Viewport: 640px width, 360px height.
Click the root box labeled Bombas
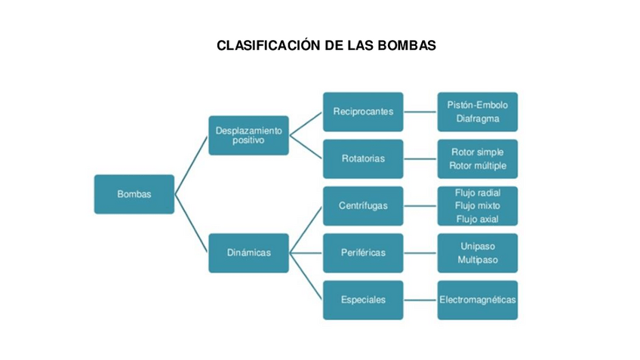(x=134, y=194)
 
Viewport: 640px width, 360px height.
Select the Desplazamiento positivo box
(x=248, y=135)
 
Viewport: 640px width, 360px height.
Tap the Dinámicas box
(x=248, y=253)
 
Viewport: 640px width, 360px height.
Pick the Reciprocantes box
(x=363, y=112)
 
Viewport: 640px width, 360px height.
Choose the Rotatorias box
(x=363, y=158)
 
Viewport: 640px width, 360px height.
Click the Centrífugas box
(x=363, y=205)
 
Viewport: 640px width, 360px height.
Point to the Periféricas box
(x=363, y=253)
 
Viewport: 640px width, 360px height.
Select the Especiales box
(x=363, y=300)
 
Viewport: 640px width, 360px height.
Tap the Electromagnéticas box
(x=478, y=300)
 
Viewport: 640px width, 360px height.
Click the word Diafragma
(x=478, y=118)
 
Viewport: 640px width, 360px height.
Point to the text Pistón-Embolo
(x=478, y=105)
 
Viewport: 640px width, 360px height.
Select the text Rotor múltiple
(x=478, y=165)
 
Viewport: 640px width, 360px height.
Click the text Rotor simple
(x=478, y=152)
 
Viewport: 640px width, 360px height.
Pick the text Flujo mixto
(x=478, y=205)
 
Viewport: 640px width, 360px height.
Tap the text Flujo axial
(x=478, y=219)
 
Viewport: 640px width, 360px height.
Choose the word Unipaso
(x=478, y=246)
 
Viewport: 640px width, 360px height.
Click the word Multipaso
(x=478, y=260)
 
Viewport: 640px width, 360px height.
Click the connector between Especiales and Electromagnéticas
(x=420, y=300)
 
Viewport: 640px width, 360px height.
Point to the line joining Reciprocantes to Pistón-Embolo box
(x=420, y=112)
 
